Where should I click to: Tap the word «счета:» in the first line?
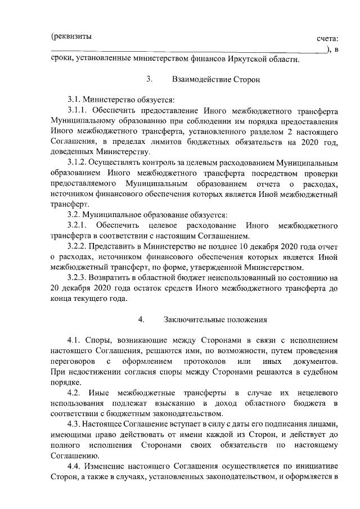tap(328, 38)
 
